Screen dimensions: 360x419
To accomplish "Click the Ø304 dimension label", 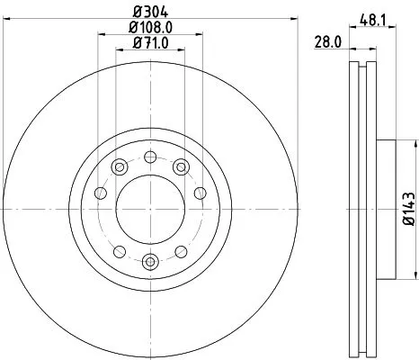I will click(x=148, y=11).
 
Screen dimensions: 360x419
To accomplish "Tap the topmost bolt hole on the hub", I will click(x=148, y=158).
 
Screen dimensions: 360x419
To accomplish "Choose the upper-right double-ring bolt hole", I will click(x=180, y=166).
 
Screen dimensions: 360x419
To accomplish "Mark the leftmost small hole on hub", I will click(x=101, y=193).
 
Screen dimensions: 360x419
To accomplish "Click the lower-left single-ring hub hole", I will click(x=119, y=249).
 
